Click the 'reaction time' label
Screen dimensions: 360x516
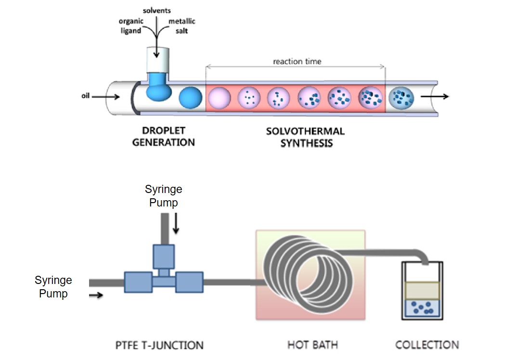(297, 62)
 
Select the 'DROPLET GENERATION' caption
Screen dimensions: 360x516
(164, 137)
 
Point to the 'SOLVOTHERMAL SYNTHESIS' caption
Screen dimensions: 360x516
(305, 137)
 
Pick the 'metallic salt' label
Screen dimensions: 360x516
(182, 26)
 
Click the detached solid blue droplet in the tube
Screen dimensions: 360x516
(191, 98)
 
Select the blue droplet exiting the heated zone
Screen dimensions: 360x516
(401, 97)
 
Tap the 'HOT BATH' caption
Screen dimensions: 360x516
(312, 345)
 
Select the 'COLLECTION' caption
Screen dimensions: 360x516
(427, 345)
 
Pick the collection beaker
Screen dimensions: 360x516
(423, 294)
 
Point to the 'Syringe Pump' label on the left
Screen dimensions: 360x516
(53, 286)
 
